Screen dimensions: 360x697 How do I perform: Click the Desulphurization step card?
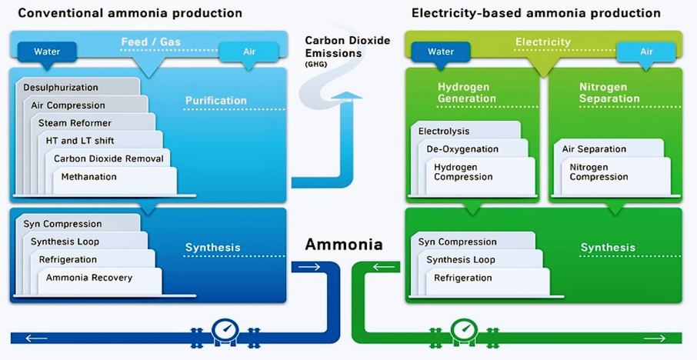[61, 88]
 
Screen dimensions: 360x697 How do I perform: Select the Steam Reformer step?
[75, 123]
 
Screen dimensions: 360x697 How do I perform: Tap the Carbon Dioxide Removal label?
[108, 158]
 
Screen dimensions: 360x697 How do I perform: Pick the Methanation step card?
[90, 177]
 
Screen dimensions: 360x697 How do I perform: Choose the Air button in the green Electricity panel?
[645, 52]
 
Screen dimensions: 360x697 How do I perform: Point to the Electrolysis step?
[444, 132]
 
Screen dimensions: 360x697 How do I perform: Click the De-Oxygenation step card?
[463, 149]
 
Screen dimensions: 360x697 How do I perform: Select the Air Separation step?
[594, 149]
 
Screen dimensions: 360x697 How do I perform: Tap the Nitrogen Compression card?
[599, 172]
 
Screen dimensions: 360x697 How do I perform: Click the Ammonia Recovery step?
[89, 278]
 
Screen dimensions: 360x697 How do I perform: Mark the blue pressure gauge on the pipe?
[225, 329]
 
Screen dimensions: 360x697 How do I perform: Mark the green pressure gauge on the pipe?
[464, 329]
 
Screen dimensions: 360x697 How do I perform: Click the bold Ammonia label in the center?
[344, 245]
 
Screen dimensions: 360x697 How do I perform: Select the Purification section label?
[216, 101]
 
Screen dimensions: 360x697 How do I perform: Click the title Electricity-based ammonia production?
[536, 13]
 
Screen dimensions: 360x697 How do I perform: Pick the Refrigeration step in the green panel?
[463, 278]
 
